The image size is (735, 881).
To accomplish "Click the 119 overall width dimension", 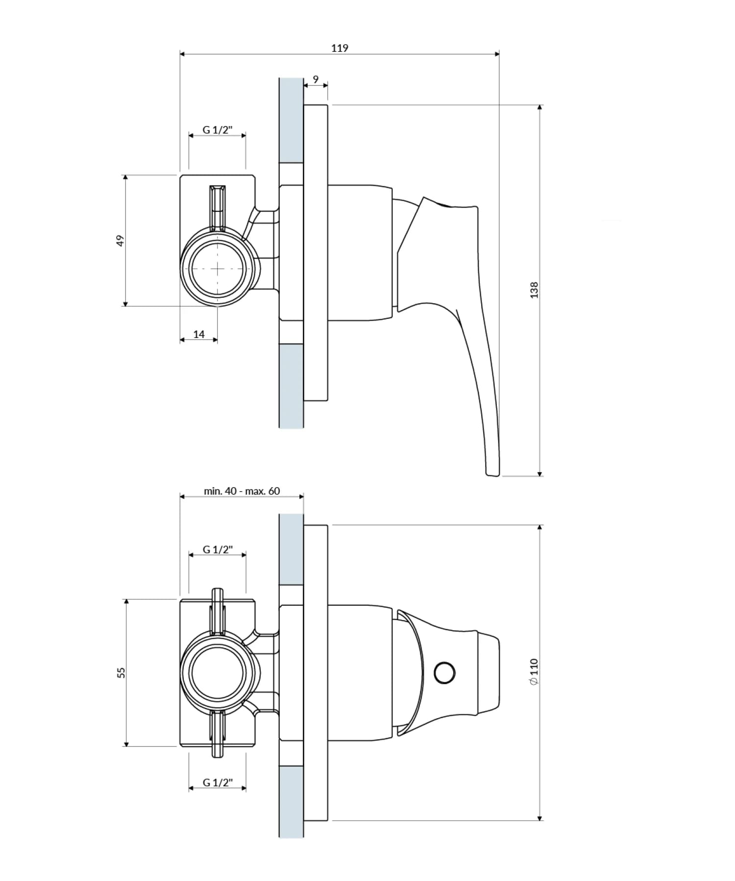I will (340, 48).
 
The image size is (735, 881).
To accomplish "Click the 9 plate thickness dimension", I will (316, 79).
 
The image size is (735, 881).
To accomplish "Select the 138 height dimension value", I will (534, 290).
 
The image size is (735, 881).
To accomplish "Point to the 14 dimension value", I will (198, 335).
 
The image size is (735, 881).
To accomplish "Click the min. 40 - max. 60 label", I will (242, 491).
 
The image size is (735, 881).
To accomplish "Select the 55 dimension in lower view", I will (122, 673).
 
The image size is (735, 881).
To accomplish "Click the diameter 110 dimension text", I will (534, 672).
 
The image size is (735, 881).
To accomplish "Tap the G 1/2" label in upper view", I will (218, 130).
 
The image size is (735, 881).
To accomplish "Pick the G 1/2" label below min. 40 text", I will (218, 549).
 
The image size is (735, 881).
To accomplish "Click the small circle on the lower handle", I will (445, 673).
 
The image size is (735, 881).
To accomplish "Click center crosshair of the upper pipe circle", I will (218, 268).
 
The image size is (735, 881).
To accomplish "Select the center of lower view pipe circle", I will (218, 673).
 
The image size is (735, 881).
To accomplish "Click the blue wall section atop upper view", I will (291, 120).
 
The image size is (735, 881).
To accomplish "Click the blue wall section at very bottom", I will (291, 804).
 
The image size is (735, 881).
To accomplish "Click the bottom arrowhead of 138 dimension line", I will (540, 473).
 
